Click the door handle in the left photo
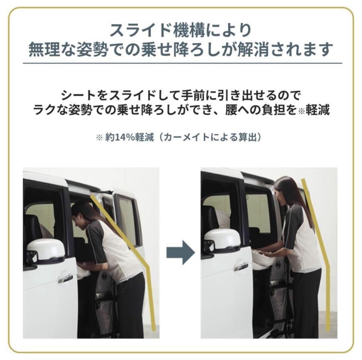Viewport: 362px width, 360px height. (x=65, y=278)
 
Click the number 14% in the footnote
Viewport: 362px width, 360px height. (x=123, y=138)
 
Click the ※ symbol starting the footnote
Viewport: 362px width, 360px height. (x=99, y=138)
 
